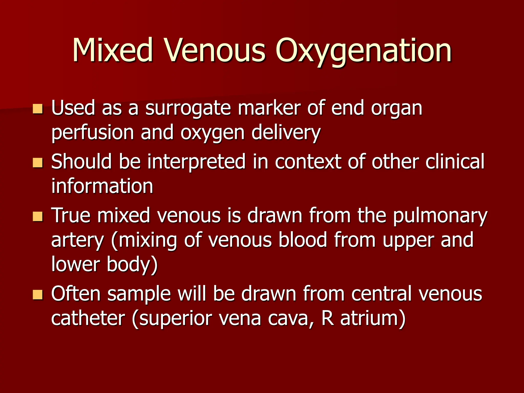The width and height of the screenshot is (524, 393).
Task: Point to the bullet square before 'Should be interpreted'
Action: coord(38,163)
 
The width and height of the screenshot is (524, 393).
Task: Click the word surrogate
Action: coord(188,108)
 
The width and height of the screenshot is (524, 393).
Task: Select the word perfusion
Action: coord(93,133)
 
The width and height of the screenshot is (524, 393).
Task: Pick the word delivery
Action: coord(286,133)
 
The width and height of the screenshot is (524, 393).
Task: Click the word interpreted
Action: coord(196,162)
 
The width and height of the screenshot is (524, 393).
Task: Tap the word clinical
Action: coord(455,162)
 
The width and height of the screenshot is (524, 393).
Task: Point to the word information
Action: coord(102,186)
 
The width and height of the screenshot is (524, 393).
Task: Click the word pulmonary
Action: coord(440,216)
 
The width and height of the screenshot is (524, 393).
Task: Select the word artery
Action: coord(78,241)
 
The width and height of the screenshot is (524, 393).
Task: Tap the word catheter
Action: coord(88,318)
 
